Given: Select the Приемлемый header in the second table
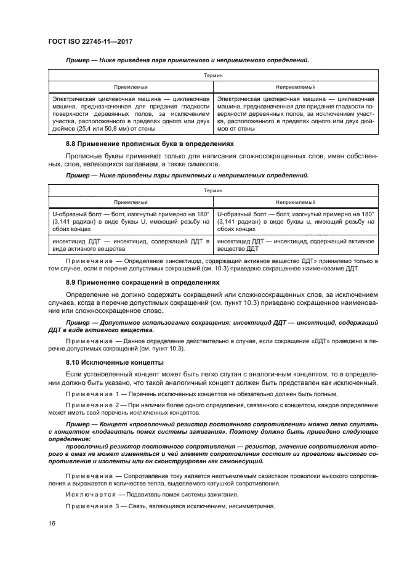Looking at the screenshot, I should click(131, 201).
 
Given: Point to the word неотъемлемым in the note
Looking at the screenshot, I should click(230, 476).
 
